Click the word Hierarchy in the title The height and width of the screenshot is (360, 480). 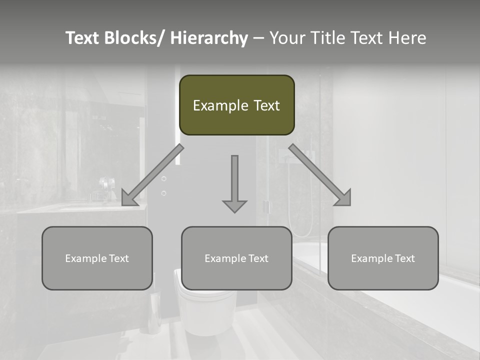[209, 38]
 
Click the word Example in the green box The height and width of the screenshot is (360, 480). [216, 105]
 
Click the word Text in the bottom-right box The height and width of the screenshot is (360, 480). [404, 258]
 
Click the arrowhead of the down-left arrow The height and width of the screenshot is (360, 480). [128, 197]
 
